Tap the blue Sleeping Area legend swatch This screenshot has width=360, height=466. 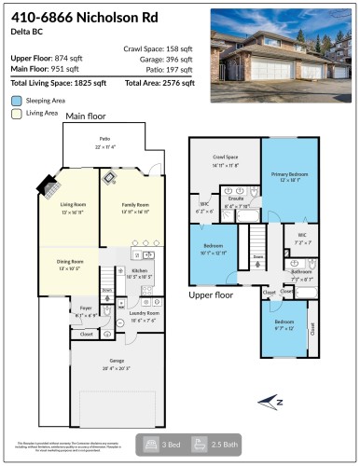[x=17, y=100]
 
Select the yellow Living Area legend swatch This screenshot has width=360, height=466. [x=17, y=113]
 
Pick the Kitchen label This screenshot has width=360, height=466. [x=138, y=272]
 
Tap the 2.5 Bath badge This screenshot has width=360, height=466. [x=211, y=445]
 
